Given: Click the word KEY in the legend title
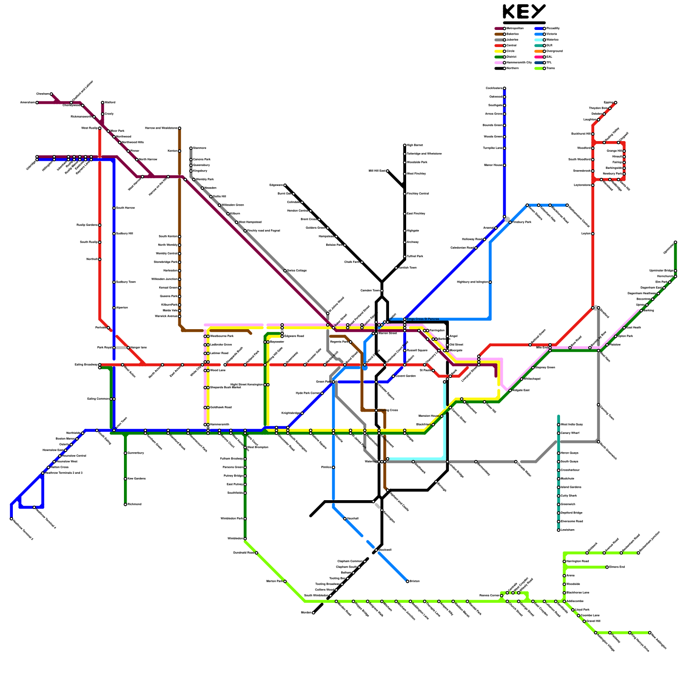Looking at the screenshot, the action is pyautogui.click(x=524, y=12).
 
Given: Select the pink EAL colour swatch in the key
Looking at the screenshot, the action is pyautogui.click(x=539, y=57).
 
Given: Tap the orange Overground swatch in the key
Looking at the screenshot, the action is pyautogui.click(x=539, y=51).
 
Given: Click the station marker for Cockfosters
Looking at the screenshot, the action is pyautogui.click(x=504, y=88).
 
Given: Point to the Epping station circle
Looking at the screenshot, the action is pyautogui.click(x=616, y=103).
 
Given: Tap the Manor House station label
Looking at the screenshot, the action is pyautogui.click(x=493, y=165).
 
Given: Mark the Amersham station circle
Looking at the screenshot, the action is pyautogui.click(x=37, y=103).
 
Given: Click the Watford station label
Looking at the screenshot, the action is pyautogui.click(x=110, y=103).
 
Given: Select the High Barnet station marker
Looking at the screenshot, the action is pyautogui.click(x=405, y=145).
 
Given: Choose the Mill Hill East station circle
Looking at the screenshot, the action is pyautogui.click(x=388, y=171).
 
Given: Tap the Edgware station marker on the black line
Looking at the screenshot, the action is pyautogui.click(x=285, y=185).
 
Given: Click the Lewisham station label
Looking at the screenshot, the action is pyautogui.click(x=568, y=530).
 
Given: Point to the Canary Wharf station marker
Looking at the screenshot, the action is pyautogui.click(x=559, y=433).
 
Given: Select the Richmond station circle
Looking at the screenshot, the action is pyautogui.click(x=126, y=504).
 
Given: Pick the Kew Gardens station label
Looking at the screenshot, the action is pyautogui.click(x=137, y=479).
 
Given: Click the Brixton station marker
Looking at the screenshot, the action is pyautogui.click(x=407, y=581).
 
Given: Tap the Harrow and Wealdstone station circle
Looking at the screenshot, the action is pyautogui.click(x=180, y=128).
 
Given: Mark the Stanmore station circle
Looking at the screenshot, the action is pyautogui.click(x=191, y=148).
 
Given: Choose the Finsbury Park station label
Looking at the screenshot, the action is pyautogui.click(x=522, y=222).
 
